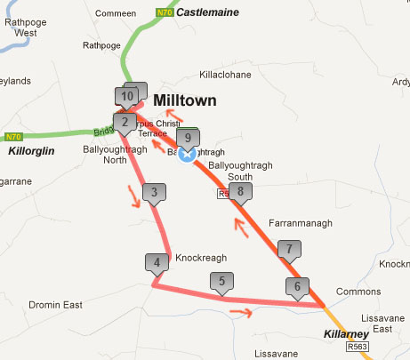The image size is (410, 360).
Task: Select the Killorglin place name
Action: (x=32, y=151)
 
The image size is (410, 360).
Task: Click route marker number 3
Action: (x=154, y=191)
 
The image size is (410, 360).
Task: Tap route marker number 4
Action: (x=157, y=262)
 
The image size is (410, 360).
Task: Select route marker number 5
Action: (x=221, y=282)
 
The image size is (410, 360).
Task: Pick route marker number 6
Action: (x=298, y=286)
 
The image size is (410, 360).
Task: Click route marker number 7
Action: (x=285, y=249)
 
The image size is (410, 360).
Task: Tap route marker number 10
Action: (x=127, y=95)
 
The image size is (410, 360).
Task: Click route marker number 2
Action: (x=125, y=122)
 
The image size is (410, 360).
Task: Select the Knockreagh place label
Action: (x=202, y=258)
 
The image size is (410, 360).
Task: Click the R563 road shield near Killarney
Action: (x=357, y=347)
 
